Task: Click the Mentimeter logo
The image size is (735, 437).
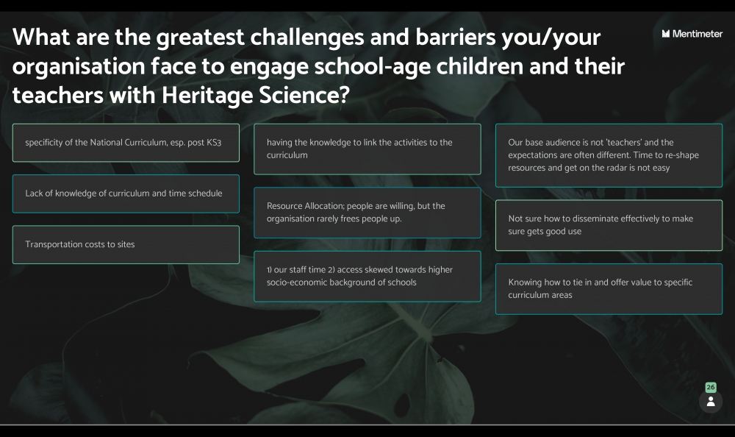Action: click(x=692, y=34)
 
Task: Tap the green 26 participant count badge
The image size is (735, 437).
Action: click(x=711, y=387)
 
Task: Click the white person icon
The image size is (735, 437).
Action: click(x=711, y=402)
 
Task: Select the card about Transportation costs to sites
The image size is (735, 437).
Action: click(x=126, y=244)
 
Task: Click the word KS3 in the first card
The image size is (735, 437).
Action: click(x=214, y=142)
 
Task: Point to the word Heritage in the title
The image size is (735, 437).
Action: click(x=207, y=96)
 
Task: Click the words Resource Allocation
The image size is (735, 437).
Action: click(x=305, y=205)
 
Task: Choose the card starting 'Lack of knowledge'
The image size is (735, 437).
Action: click(x=126, y=193)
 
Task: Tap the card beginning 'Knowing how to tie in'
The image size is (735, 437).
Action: click(x=609, y=288)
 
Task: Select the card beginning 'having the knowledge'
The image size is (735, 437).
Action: click(x=367, y=149)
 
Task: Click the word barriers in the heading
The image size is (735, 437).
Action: click(x=455, y=38)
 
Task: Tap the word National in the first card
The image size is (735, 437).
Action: click(x=107, y=142)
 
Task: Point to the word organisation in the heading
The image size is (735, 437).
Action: click(x=79, y=67)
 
